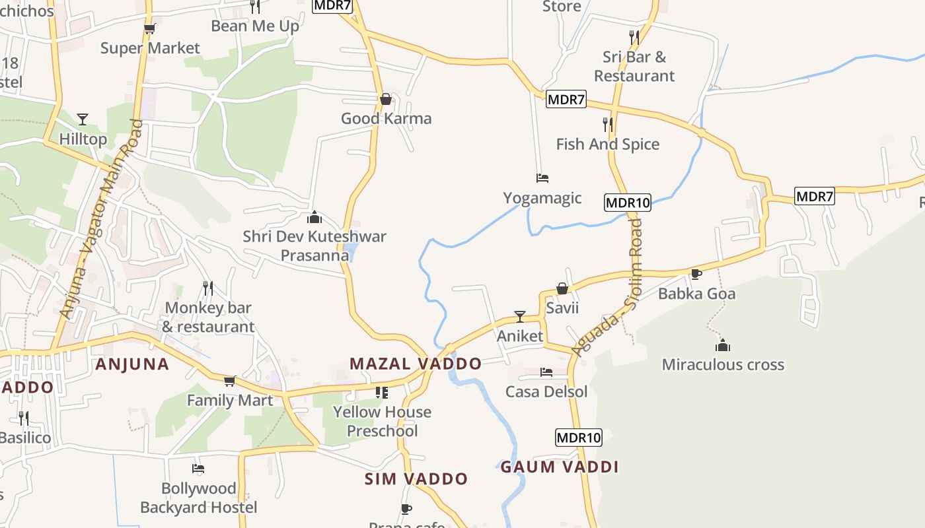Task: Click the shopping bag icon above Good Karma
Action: (386, 100)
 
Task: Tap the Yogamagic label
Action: (542, 198)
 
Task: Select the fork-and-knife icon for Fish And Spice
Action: (607, 124)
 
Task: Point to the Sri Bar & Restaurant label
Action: (634, 67)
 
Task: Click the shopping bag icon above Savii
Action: (562, 288)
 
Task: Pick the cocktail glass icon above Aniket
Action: (520, 317)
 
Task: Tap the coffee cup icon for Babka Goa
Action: (696, 274)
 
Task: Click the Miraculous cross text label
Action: (723, 364)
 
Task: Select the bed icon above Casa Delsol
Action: (546, 372)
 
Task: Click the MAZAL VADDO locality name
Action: (416, 364)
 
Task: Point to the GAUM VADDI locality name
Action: (559, 467)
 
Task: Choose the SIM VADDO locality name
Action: (416, 479)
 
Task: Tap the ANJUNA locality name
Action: (132, 364)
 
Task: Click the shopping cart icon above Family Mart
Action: (229, 381)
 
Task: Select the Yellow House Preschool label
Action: (382, 421)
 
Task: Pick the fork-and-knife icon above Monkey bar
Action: (207, 288)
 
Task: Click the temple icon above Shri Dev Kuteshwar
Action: (314, 217)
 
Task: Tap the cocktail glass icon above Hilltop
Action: (83, 119)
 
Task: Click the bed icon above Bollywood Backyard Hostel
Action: (198, 469)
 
